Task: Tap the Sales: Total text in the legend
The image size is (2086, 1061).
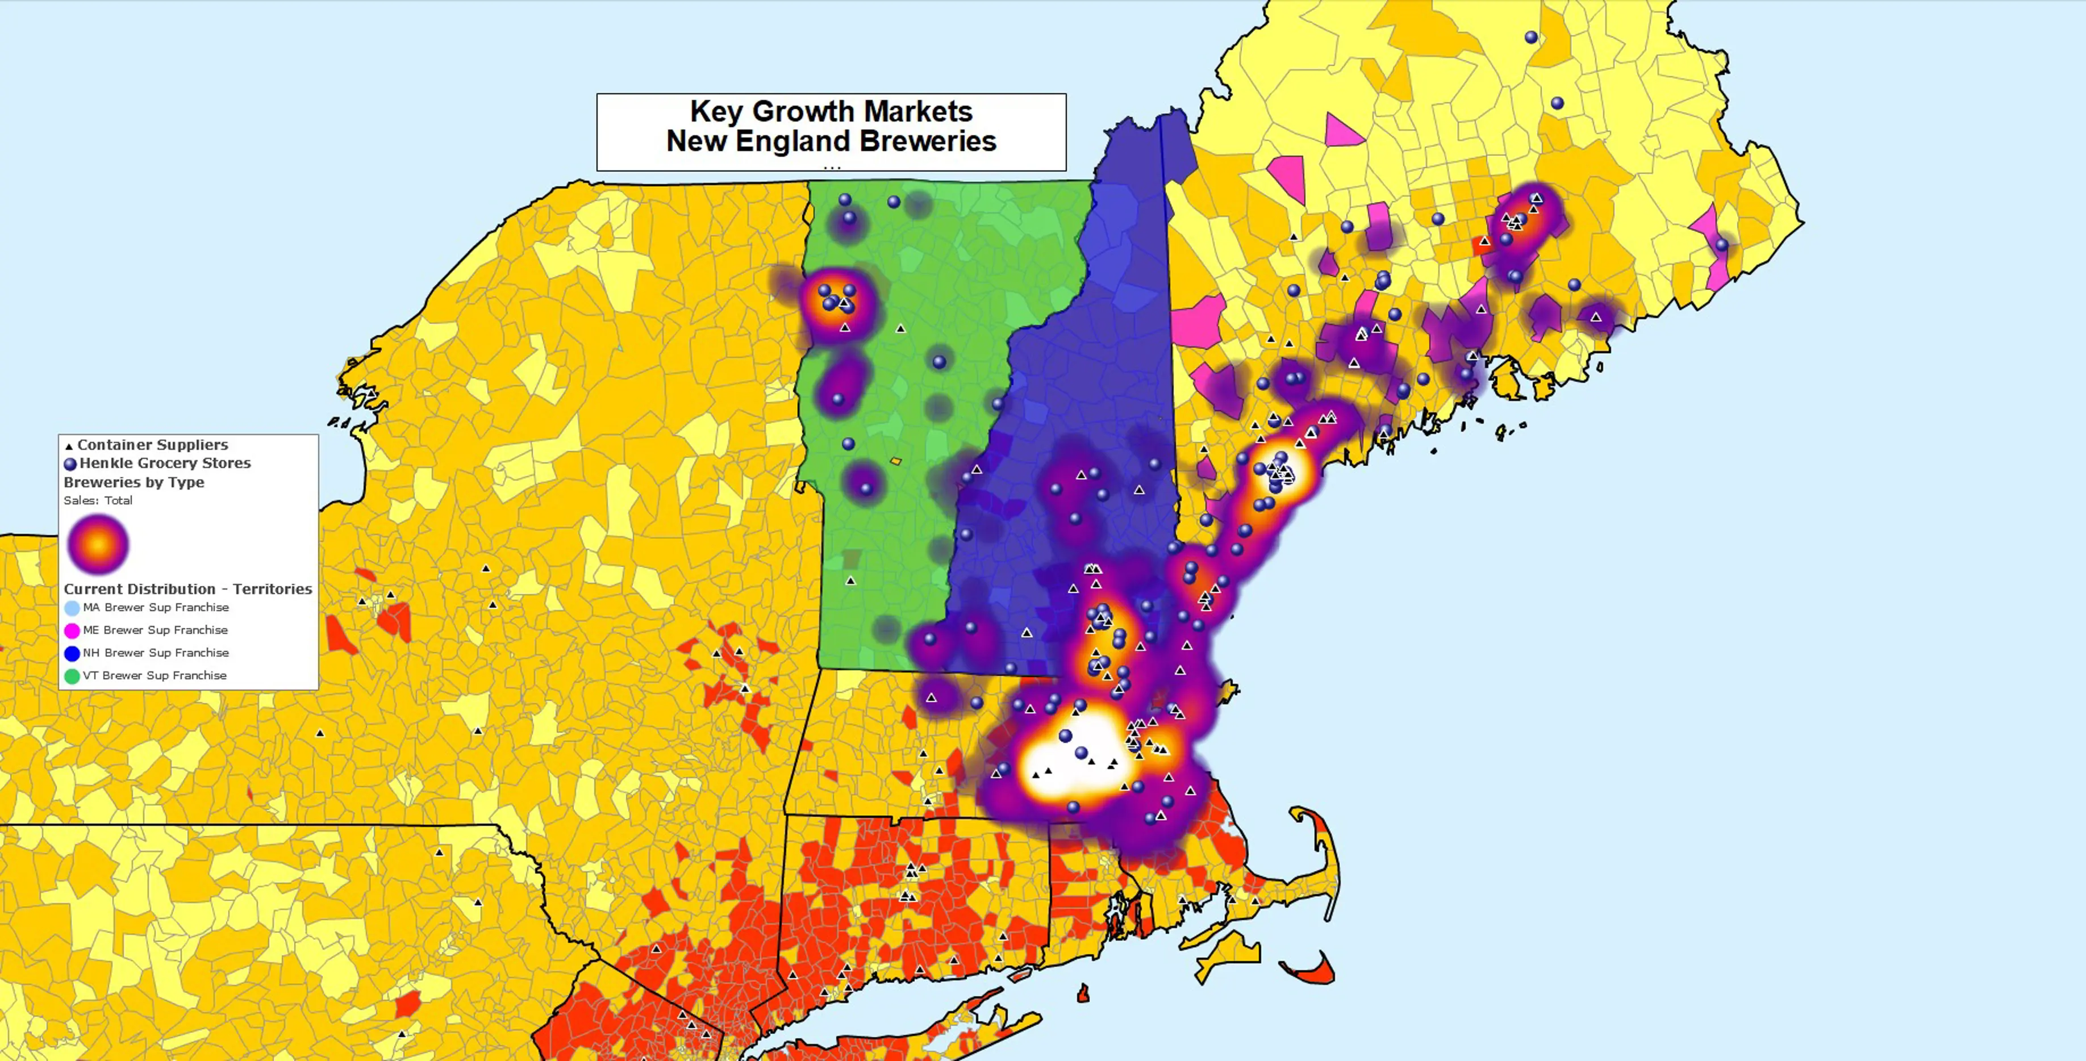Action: [x=98, y=500]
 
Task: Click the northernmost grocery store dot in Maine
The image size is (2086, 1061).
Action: [x=1530, y=37]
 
